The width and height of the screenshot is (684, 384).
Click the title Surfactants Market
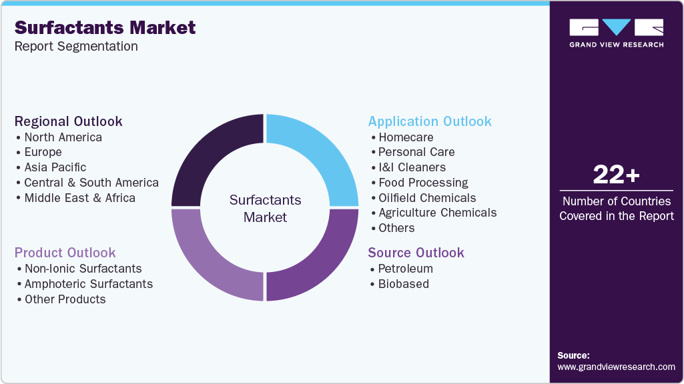pos(105,27)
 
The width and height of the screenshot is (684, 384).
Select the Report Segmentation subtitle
pos(76,46)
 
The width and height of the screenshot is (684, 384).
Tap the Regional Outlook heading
pos(69,121)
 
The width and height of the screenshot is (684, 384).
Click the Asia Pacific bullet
pos(55,167)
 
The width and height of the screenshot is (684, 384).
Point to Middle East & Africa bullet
pos(79,198)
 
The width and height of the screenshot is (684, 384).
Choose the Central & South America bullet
pos(91,183)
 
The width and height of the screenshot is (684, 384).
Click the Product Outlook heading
pos(65,253)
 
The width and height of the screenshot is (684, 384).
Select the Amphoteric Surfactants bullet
pos(88,284)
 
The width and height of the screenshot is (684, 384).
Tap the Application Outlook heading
pos(430,121)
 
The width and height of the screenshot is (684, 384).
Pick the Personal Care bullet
pos(416,152)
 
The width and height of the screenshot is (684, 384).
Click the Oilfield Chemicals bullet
pos(427,198)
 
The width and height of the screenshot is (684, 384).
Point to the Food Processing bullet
pos(423,183)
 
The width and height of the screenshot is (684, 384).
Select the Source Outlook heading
pos(416,253)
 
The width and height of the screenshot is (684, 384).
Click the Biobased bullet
pos(403,284)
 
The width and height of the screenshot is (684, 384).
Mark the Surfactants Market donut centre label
pos(265,208)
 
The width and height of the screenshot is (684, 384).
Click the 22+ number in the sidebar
pos(616,175)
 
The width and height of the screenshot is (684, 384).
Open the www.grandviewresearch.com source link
pos(616,367)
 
